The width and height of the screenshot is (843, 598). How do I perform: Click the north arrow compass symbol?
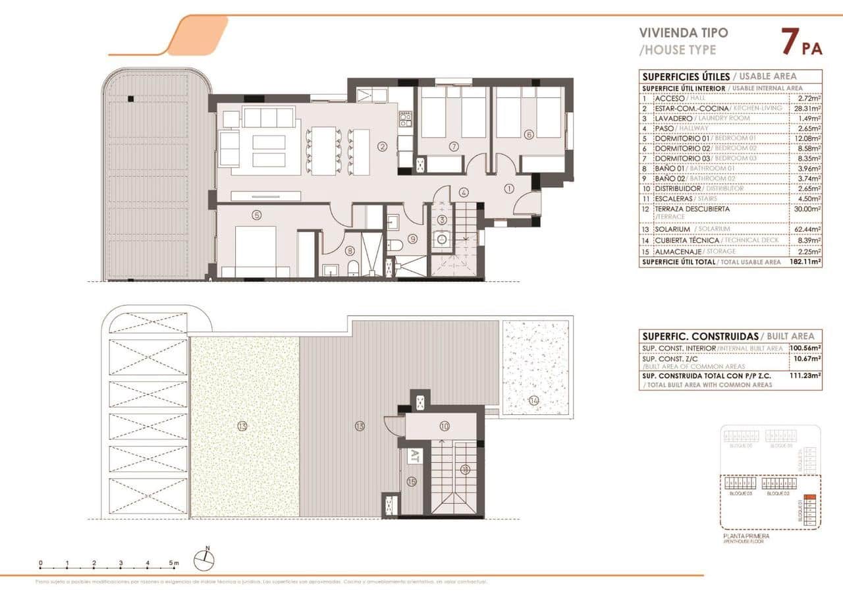click(204, 560)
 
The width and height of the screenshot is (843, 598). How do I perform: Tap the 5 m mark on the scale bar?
click(173, 563)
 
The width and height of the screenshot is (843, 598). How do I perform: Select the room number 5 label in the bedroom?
click(256, 214)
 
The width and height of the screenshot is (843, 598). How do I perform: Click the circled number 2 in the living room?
click(382, 146)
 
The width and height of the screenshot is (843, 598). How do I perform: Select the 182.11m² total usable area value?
click(805, 261)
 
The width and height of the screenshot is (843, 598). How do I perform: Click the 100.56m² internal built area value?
click(805, 348)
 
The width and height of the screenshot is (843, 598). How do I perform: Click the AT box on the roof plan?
click(414, 455)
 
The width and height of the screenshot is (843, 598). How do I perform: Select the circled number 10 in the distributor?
click(444, 426)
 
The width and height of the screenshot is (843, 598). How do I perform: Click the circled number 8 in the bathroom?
click(350, 250)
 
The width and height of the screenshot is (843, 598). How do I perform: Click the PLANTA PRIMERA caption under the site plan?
click(746, 536)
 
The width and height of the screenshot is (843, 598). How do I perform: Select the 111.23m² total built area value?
click(805, 375)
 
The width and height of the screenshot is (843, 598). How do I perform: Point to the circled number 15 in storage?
click(412, 481)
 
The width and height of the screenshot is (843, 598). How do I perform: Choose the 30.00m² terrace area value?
click(805, 209)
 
